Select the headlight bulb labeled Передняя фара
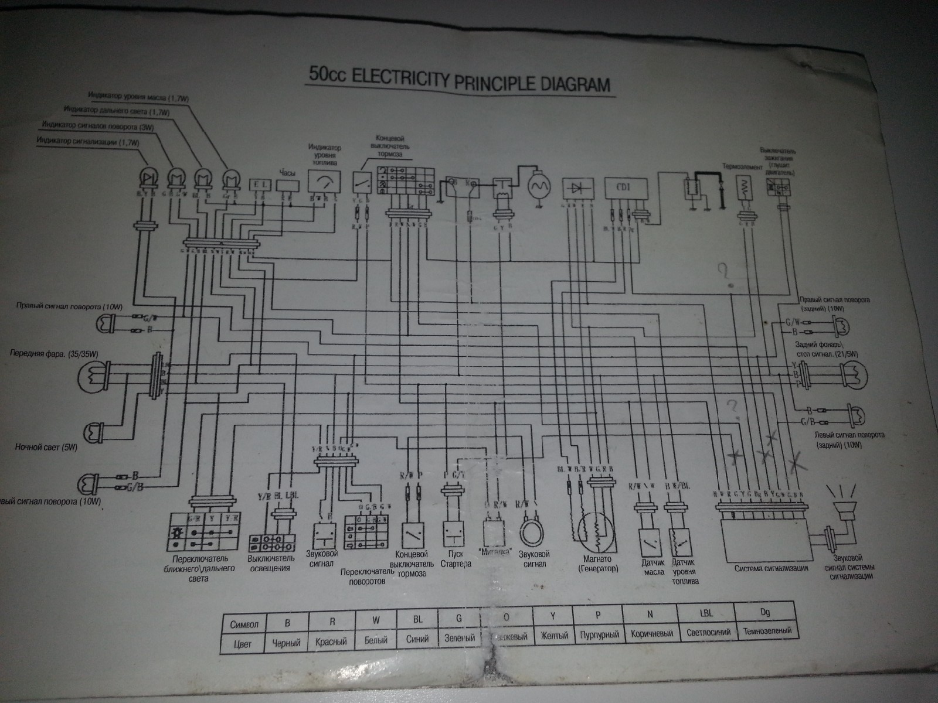click(x=94, y=376)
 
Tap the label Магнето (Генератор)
click(x=597, y=564)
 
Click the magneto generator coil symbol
click(x=596, y=529)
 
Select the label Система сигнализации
click(x=771, y=568)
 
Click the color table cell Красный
click(x=331, y=641)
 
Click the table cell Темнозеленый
click(x=767, y=631)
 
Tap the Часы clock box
click(x=287, y=185)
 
